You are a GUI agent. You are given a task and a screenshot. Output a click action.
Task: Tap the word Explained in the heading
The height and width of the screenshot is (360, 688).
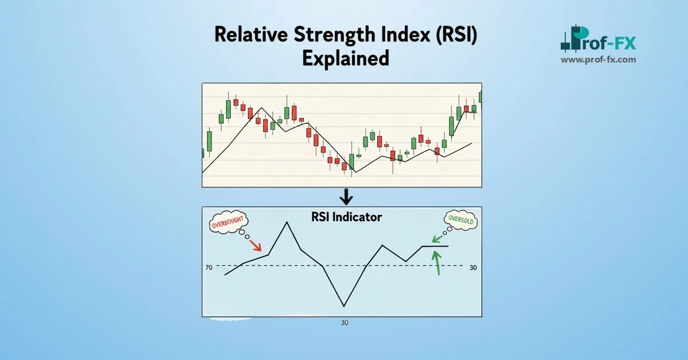pos(345,57)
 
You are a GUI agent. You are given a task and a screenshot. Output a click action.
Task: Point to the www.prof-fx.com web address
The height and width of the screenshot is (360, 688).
pos(599,59)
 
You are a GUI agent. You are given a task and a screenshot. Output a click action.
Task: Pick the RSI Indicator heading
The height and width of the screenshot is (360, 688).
pos(345,217)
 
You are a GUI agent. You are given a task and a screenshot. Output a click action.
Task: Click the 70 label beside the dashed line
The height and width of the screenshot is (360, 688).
pos(209,267)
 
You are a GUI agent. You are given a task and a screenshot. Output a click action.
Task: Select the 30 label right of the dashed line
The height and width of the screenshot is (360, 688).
pos(473,267)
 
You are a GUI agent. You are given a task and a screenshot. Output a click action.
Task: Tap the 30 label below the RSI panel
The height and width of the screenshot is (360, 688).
pos(345,323)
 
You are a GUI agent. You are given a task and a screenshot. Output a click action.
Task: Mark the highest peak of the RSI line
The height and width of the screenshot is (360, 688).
pos(287,222)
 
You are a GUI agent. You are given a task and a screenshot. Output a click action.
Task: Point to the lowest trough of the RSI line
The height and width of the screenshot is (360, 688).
pos(344,306)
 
